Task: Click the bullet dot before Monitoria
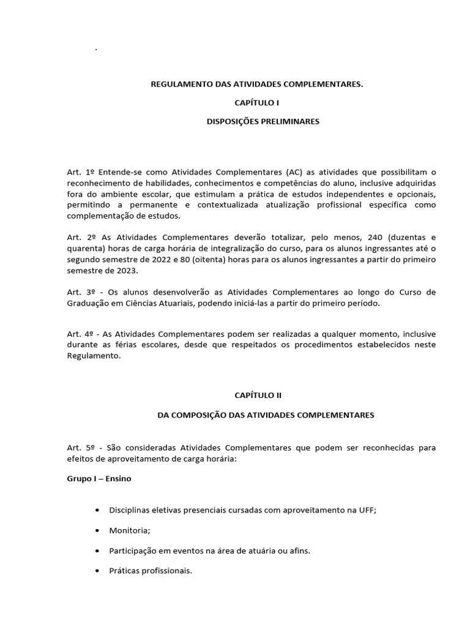[99, 531]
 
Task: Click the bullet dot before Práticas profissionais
[99, 571]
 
